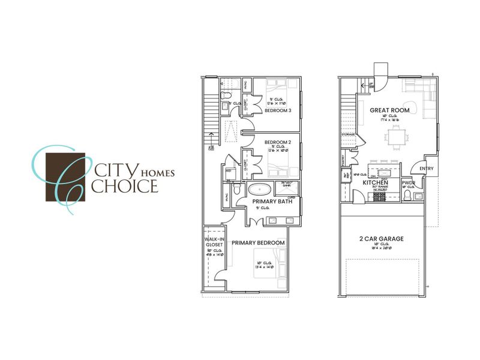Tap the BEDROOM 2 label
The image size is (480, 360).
coord(277,142)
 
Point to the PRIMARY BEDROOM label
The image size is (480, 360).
coord(258,243)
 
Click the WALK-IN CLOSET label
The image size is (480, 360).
coord(214,242)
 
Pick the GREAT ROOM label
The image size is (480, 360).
coord(390,110)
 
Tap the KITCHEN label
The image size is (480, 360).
coord(375,182)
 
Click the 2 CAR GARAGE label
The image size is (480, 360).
coord(382,239)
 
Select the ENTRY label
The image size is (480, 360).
coord(427,169)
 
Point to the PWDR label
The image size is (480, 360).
coord(409,182)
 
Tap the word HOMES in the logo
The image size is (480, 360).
coord(157,173)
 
